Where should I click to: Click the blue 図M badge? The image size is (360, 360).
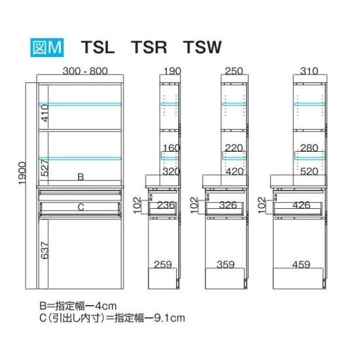(x=47, y=47)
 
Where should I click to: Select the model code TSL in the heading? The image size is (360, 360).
(x=98, y=47)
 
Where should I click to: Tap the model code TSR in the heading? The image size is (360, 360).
(x=149, y=47)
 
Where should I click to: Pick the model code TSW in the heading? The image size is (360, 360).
(x=202, y=47)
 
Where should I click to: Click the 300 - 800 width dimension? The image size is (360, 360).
(x=85, y=71)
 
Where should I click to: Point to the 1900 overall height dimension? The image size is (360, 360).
(x=23, y=173)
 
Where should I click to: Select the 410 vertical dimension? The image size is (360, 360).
(x=45, y=113)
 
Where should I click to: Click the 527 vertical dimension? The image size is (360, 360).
(x=45, y=168)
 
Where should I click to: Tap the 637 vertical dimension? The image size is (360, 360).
(x=45, y=250)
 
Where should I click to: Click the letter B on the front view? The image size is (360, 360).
(x=81, y=177)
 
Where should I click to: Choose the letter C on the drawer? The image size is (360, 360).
(x=81, y=207)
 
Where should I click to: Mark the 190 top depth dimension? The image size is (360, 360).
(x=172, y=71)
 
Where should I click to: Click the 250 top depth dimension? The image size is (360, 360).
(x=234, y=71)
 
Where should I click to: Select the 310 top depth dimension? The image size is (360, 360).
(x=309, y=71)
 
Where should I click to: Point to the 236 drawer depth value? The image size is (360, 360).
(x=166, y=205)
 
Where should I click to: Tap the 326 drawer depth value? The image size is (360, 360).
(x=228, y=205)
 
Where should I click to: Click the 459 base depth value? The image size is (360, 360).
(x=301, y=264)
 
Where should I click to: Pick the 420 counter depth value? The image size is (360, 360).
(x=234, y=171)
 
